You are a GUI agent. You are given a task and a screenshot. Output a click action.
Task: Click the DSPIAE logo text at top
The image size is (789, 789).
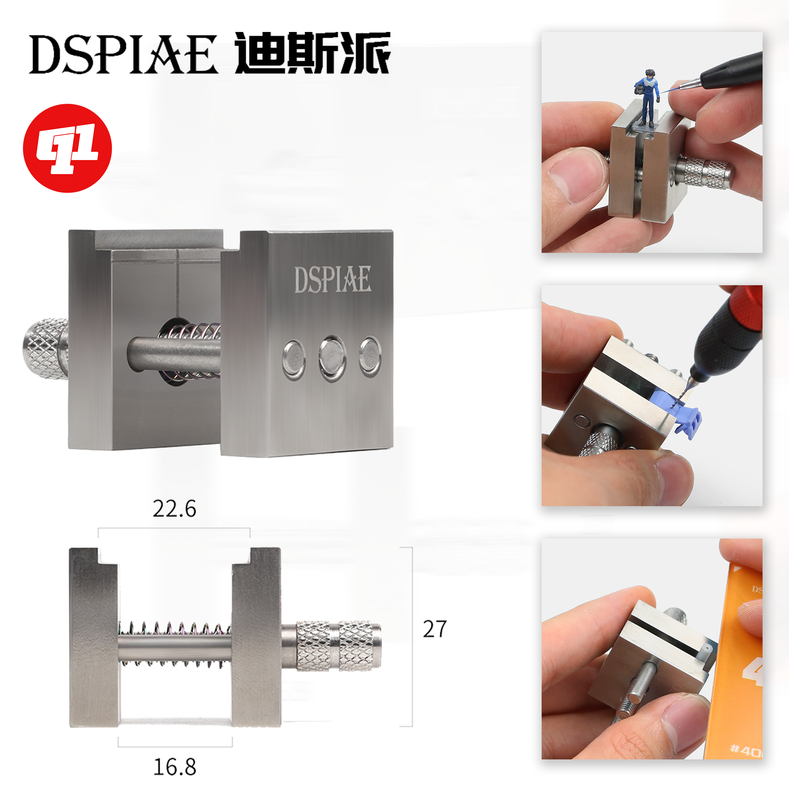click(x=123, y=54)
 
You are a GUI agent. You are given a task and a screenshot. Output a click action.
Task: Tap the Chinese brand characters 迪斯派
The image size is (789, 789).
click(x=312, y=53)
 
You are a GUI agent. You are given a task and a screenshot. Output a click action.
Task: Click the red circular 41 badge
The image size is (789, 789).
click(x=67, y=148)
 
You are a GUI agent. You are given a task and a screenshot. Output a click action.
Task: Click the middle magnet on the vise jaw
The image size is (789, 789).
click(x=333, y=358)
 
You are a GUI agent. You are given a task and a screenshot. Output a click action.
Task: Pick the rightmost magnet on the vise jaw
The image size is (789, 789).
click(x=370, y=357)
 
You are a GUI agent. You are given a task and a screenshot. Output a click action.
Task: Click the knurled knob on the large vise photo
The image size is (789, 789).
click(x=45, y=348)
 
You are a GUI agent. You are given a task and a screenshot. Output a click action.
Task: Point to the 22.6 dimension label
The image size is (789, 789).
click(x=174, y=509)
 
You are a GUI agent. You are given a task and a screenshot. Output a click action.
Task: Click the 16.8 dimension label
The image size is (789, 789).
click(x=174, y=767)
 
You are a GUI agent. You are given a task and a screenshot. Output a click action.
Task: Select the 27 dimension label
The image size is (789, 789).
click(x=434, y=629)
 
